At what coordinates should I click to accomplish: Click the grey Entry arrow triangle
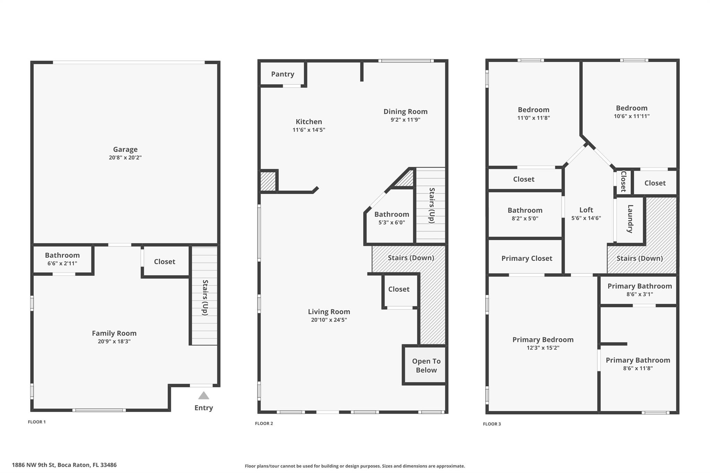coord(204,395)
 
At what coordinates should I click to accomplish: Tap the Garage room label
coord(125,149)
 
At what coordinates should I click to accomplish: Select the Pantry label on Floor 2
coord(283,74)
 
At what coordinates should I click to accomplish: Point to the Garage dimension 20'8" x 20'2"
coord(125,158)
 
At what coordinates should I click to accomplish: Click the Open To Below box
coord(425,365)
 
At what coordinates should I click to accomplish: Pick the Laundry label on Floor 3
coord(630,219)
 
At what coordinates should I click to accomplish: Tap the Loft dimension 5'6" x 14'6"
coord(586,218)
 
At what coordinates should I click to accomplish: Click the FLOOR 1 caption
coord(37,422)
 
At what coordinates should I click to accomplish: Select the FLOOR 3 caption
coord(492,424)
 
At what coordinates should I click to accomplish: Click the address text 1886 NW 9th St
coord(33,465)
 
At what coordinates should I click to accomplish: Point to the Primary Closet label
coord(527,258)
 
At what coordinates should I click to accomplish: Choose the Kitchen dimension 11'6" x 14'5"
coord(309,130)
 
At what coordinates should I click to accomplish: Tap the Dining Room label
coord(405,112)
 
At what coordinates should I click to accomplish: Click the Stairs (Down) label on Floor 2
coord(411,258)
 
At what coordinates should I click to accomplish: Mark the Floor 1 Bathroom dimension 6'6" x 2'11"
coord(62,263)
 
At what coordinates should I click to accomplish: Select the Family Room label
coord(114,333)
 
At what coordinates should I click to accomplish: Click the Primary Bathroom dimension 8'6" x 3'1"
coord(640,294)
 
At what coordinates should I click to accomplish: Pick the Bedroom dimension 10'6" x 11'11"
coord(632,116)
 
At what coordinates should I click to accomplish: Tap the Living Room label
coord(329,312)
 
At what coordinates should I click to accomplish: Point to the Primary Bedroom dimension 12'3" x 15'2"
coord(543,348)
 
